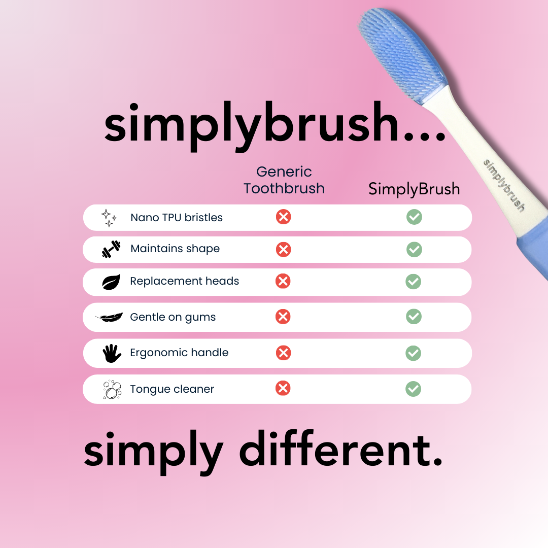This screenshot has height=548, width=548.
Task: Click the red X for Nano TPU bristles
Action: [284, 217]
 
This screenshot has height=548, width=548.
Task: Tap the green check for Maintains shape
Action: [414, 250]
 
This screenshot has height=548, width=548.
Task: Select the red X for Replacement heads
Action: [283, 281]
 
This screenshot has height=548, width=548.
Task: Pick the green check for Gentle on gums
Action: [414, 317]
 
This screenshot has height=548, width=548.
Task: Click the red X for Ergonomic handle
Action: [284, 353]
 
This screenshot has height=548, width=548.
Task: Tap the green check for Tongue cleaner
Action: [414, 389]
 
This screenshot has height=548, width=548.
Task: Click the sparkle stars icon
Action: [109, 218]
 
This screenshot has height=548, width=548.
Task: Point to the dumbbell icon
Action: [111, 249]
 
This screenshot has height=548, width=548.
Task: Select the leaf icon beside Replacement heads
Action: [111, 282]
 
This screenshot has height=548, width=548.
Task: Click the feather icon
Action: [109, 317]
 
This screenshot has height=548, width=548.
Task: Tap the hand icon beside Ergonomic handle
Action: [112, 353]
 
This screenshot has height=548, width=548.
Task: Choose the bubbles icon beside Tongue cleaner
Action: [112, 389]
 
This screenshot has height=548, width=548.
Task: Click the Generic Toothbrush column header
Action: [284, 180]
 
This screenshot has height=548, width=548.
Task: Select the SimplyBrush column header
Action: [414, 189]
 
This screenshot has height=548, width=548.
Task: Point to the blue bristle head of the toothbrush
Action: [402, 56]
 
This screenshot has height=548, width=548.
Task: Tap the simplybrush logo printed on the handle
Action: [504, 186]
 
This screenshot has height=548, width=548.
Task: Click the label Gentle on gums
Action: [173, 317]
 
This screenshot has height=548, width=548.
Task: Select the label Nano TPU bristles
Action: [177, 217]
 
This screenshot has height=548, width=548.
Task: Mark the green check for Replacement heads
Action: [414, 282]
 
